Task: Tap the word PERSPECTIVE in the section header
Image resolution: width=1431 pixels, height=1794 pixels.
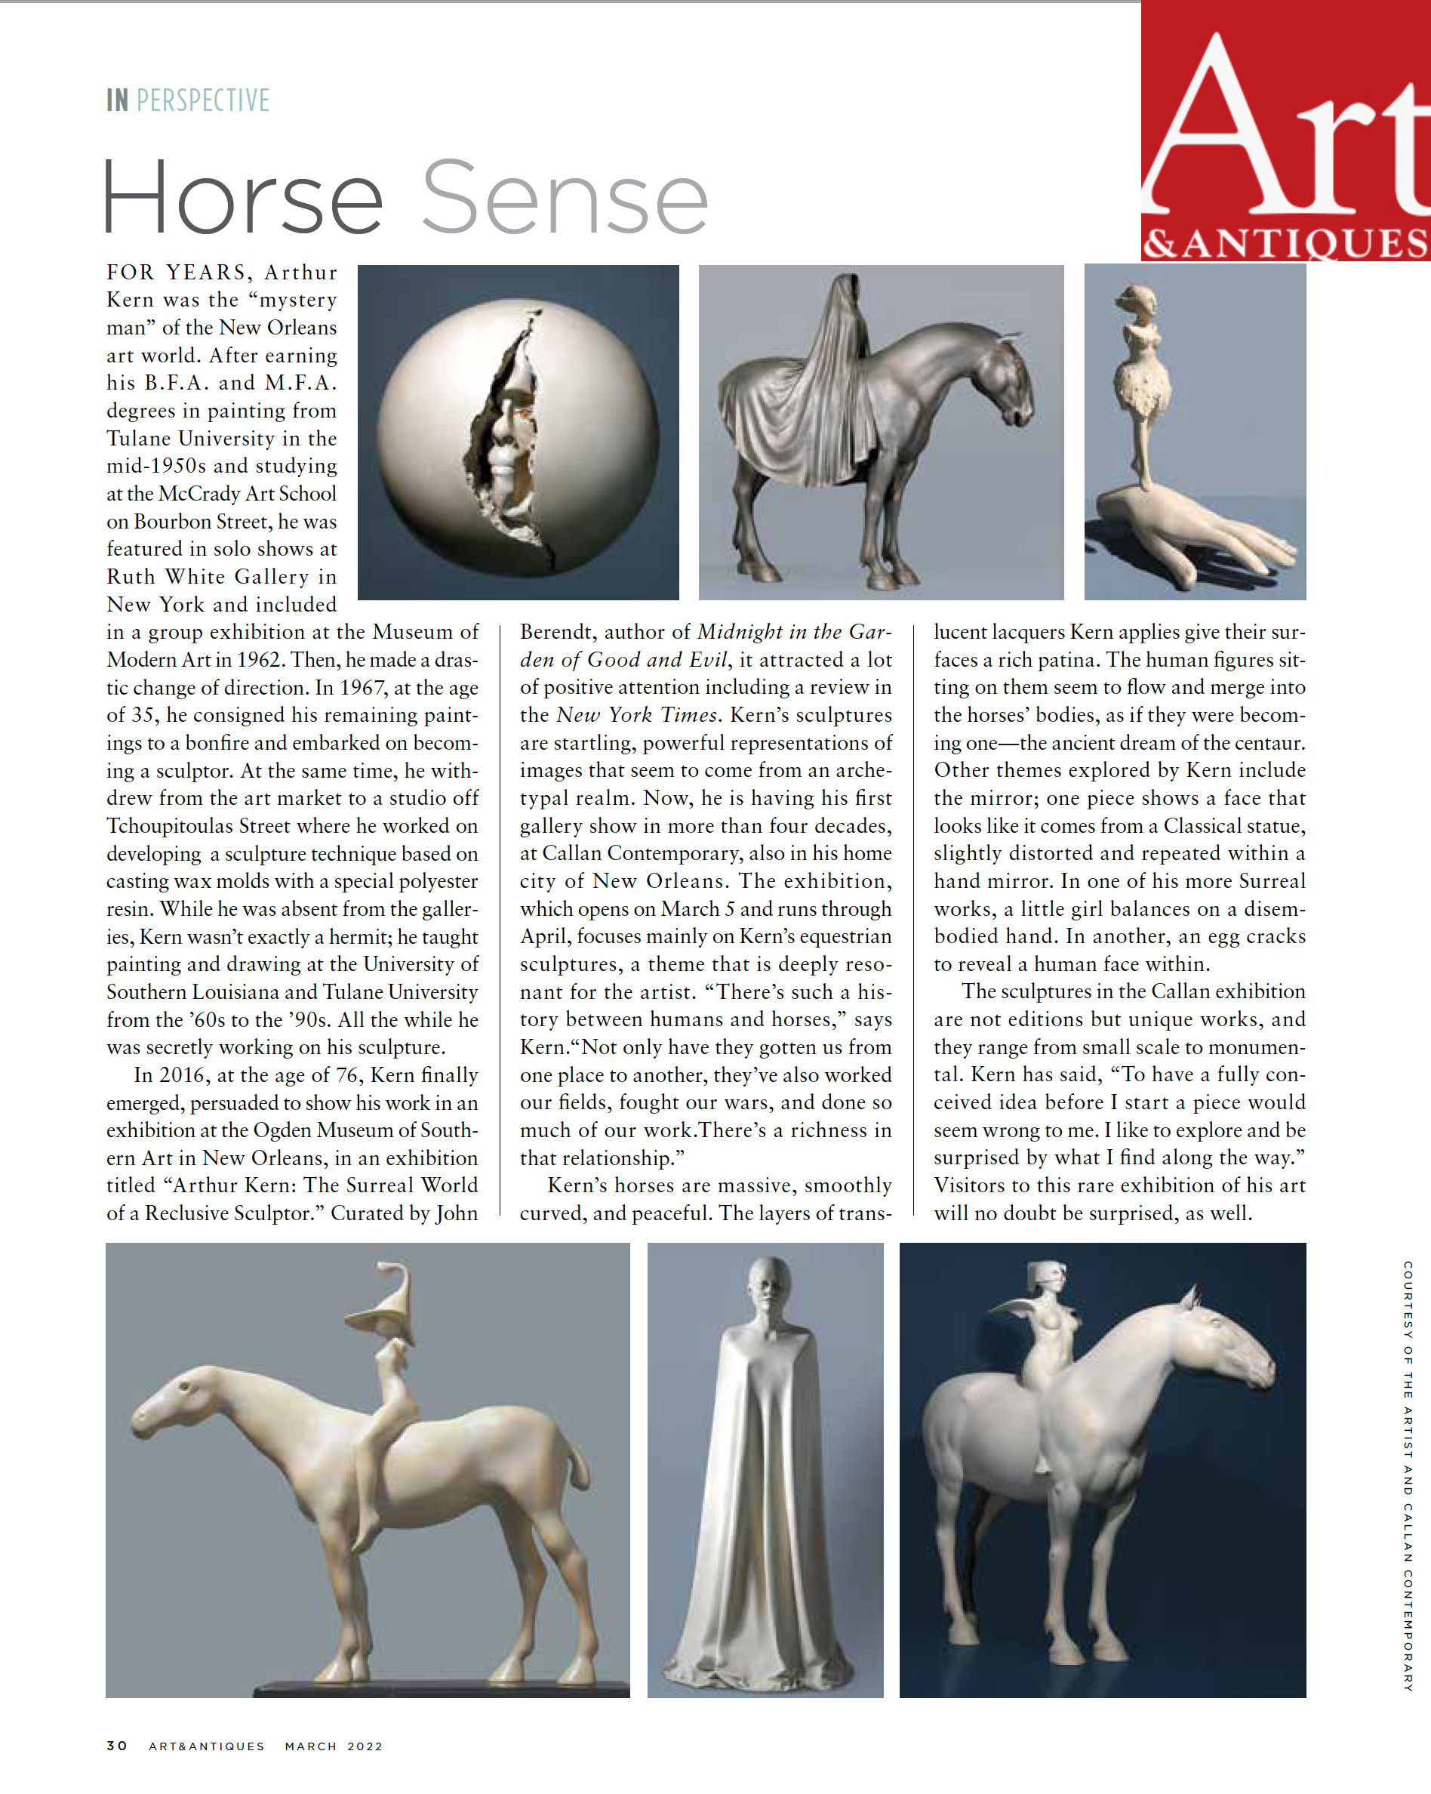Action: tap(203, 100)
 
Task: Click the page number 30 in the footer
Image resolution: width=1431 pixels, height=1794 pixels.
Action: tap(117, 1746)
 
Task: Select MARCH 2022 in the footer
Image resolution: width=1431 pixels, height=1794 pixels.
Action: tap(334, 1746)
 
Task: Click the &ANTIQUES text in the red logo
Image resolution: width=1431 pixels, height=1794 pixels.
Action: tap(1285, 243)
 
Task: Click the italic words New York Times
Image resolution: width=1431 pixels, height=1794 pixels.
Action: tap(636, 715)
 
